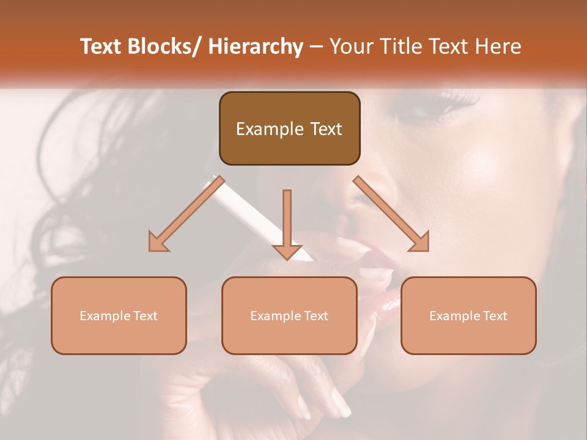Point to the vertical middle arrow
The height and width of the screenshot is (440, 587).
287,220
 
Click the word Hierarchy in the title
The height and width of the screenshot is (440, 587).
256,46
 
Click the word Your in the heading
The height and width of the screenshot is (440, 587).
351,46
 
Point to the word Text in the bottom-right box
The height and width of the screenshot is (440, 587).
495,316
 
